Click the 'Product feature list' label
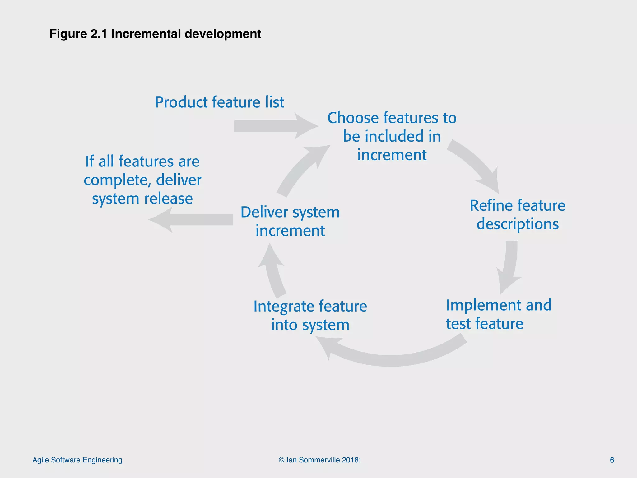tap(219, 102)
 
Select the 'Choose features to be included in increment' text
tap(392, 136)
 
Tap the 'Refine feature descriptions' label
tap(517, 215)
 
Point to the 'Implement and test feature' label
tap(498, 314)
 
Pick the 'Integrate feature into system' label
tap(310, 315)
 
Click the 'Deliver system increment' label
tap(290, 221)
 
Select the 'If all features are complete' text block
tap(142, 180)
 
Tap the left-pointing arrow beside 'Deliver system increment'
tap(193, 219)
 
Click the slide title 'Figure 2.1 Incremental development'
tap(155, 34)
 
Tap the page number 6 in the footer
tap(612, 460)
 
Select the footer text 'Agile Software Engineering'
tap(77, 460)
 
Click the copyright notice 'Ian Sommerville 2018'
tap(319, 460)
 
